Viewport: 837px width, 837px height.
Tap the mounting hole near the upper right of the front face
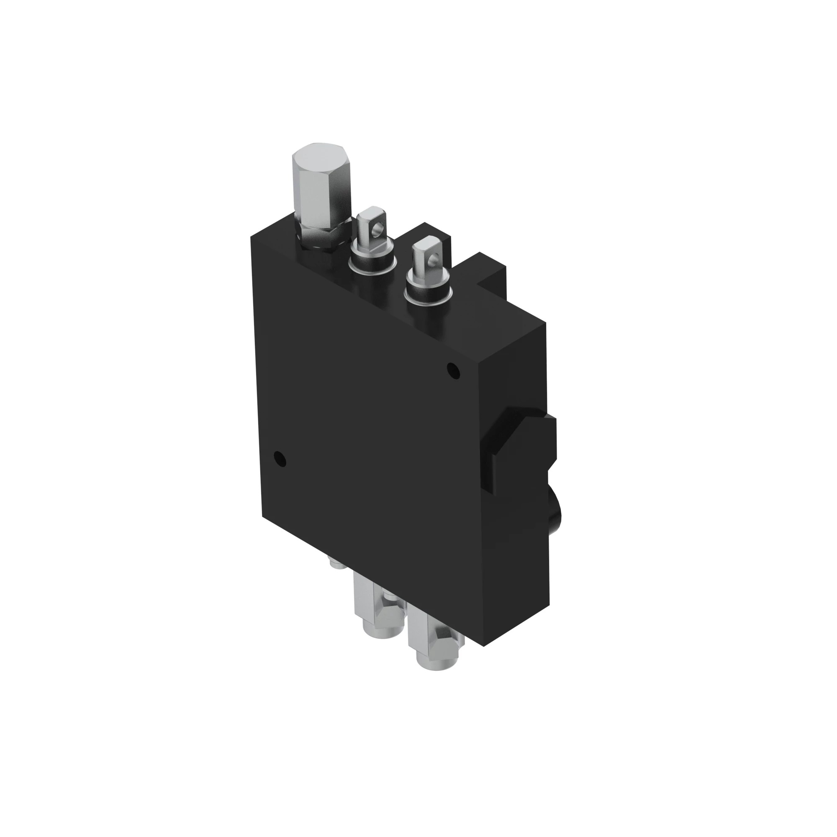tap(453, 371)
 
